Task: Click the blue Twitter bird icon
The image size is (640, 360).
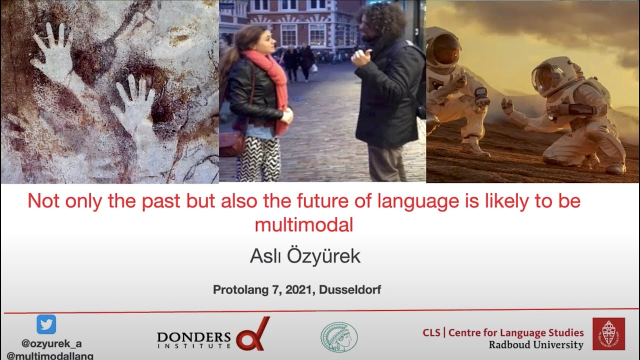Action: click(46, 324)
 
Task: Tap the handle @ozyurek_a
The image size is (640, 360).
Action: click(51, 343)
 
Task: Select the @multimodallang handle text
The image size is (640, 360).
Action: click(50, 355)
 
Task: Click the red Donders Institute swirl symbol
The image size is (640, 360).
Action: click(253, 334)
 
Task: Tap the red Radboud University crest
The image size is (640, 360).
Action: click(608, 334)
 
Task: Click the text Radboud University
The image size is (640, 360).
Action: click(536, 345)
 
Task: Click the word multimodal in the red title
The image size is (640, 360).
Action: click(304, 225)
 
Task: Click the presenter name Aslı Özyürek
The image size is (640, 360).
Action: click(305, 256)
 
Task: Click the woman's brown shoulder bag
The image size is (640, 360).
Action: click(232, 144)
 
